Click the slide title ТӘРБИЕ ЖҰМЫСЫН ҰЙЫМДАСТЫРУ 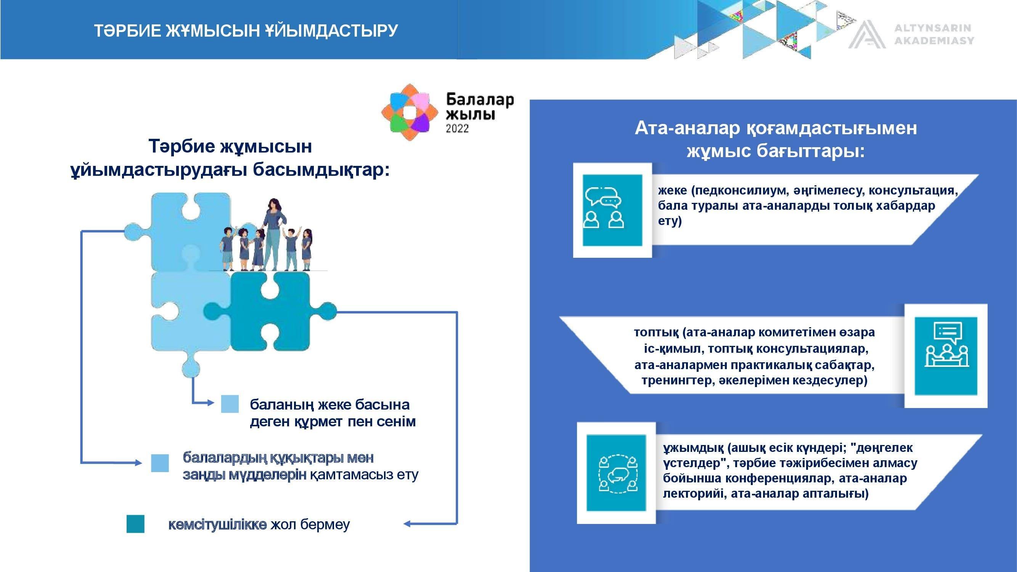tap(246, 31)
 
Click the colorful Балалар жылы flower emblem tap(410, 112)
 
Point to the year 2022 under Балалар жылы tap(457, 128)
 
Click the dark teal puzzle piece tap(276, 312)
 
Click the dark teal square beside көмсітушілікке tap(135, 524)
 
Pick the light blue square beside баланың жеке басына tap(230, 404)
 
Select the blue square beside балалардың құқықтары tap(160, 463)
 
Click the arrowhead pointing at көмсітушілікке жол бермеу tap(407, 524)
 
